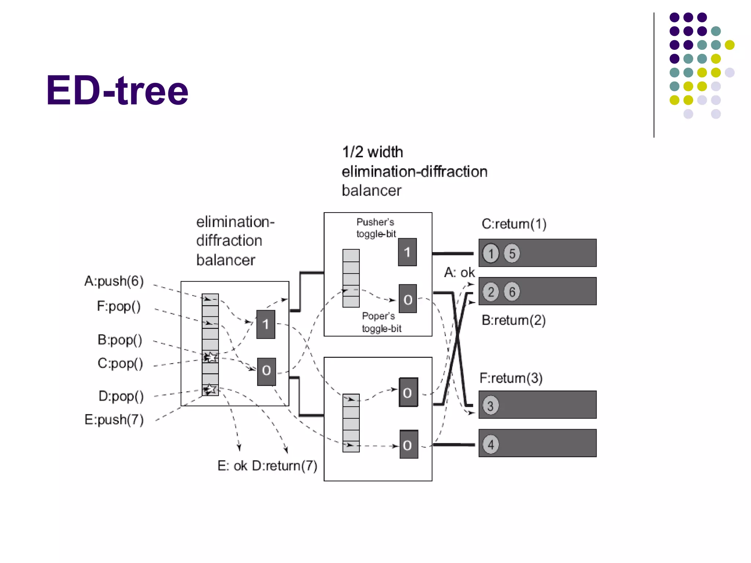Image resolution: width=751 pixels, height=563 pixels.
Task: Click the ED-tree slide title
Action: tap(117, 91)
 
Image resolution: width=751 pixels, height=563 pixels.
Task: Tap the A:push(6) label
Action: tap(114, 281)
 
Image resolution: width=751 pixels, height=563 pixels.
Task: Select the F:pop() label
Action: tap(118, 306)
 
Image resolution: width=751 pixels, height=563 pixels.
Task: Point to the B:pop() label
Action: tap(120, 340)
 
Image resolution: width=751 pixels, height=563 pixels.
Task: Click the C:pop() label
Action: tap(120, 363)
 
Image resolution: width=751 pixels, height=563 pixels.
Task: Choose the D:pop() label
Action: tap(121, 396)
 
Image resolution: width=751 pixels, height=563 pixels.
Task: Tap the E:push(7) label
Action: tap(114, 420)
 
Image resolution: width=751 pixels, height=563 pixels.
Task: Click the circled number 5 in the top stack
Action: tap(512, 253)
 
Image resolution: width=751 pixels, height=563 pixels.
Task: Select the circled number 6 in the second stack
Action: tap(512, 292)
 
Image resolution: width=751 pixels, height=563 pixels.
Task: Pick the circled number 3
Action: tap(491, 405)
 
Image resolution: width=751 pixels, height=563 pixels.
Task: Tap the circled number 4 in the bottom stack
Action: tap(491, 444)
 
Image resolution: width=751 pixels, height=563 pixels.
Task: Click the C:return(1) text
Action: tap(514, 224)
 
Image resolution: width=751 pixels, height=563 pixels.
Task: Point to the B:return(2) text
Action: tap(513, 320)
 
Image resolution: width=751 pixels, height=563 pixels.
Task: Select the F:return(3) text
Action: tap(511, 378)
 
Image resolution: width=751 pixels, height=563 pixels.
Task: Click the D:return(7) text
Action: tap(285, 466)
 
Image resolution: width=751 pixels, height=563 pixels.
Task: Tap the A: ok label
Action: tap(459, 273)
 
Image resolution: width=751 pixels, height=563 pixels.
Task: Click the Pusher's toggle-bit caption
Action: tap(376, 228)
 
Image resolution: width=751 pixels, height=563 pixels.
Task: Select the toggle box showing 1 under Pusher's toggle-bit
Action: tap(407, 252)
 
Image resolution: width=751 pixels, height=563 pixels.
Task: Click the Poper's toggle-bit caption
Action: tap(381, 322)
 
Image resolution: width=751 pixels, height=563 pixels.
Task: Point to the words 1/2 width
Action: tap(372, 152)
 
